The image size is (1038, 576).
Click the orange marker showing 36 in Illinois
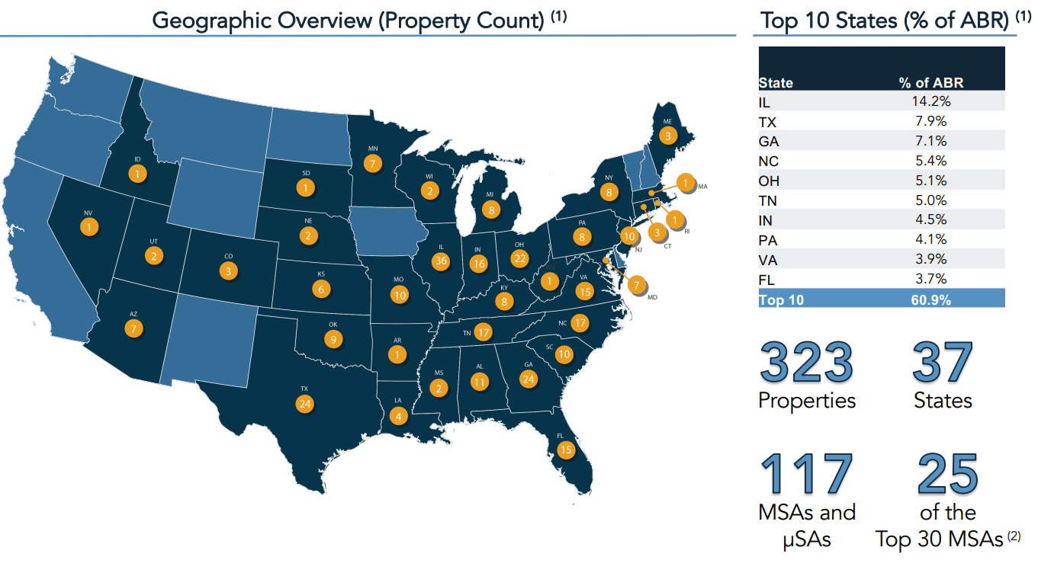(440, 261)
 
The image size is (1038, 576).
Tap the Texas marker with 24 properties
(305, 403)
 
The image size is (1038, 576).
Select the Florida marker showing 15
(565, 450)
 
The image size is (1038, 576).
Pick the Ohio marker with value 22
(519, 258)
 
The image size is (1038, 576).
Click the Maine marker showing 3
(668, 136)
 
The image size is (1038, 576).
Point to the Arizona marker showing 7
(134, 328)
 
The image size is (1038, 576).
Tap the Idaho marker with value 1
(137, 174)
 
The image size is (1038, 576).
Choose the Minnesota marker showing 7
(372, 162)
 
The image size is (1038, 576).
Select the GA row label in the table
(768, 142)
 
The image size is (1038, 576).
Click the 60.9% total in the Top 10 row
(930, 299)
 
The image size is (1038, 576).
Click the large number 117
(806, 474)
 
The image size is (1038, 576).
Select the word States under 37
(943, 401)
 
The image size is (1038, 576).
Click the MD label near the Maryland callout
(652, 297)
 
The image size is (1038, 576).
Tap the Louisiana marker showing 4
(397, 416)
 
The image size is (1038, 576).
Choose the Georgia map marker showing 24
(529, 379)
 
